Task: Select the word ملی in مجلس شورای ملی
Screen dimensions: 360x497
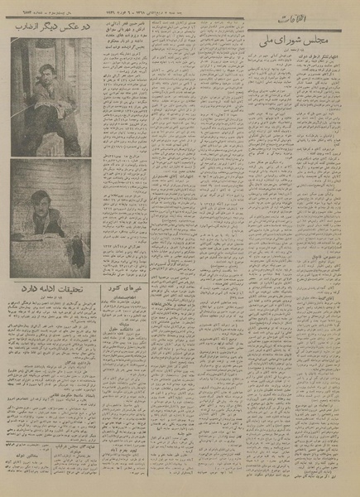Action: coord(271,41)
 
